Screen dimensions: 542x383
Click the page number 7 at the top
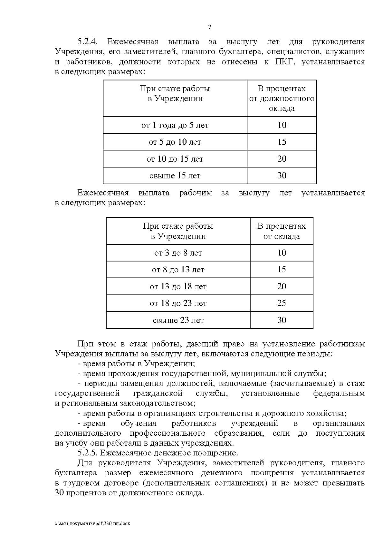210,27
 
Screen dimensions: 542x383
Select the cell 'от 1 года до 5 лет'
175,125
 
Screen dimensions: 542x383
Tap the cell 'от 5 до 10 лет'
175,142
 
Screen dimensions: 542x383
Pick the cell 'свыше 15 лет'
175,176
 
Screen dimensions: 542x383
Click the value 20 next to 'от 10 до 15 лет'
282,159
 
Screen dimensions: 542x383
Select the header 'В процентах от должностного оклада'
282,98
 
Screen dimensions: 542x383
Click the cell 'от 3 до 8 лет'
178,253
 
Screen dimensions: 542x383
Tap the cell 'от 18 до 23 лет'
178,303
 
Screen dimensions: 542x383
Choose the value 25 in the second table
282,303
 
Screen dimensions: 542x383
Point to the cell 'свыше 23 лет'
178,320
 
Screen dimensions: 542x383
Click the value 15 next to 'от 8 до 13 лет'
282,270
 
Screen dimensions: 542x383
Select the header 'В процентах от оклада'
282,231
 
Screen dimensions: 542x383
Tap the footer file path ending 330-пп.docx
93,524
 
